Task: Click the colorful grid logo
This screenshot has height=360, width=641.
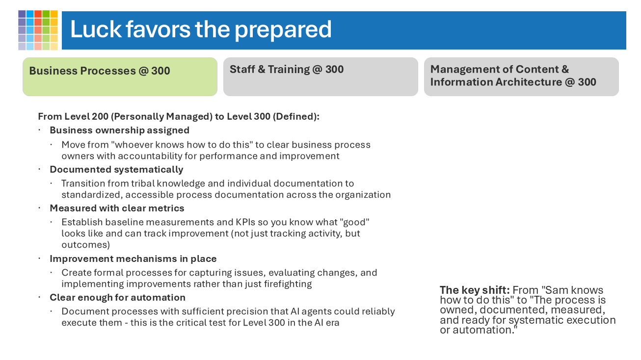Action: [x=38, y=30]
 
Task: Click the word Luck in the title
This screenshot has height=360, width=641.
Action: [x=95, y=29]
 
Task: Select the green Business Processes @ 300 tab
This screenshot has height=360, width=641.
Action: [x=120, y=77]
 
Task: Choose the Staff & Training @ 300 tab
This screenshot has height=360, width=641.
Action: [x=320, y=77]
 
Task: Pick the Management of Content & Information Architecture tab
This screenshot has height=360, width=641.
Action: [x=521, y=77]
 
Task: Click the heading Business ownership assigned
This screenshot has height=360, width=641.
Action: [x=119, y=130]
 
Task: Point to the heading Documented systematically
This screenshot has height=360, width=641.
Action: [x=116, y=170]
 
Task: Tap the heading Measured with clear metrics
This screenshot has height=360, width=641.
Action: [x=117, y=208]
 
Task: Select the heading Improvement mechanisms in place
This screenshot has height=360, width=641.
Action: [x=133, y=259]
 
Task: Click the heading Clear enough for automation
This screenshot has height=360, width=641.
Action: [x=117, y=298]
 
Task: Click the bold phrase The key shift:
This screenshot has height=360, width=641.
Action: [x=475, y=290]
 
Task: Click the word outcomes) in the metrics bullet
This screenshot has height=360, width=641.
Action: [x=85, y=245]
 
